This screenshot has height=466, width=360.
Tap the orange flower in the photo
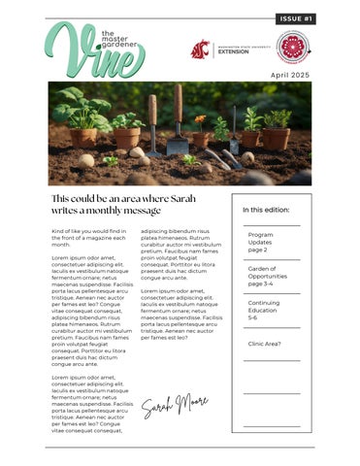tap(200, 120)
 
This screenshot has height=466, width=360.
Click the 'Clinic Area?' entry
tap(264, 344)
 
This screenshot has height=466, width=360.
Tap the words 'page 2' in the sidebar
tap(258, 250)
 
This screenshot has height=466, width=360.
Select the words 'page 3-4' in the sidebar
tap(262, 283)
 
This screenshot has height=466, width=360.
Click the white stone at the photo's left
tap(87, 160)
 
